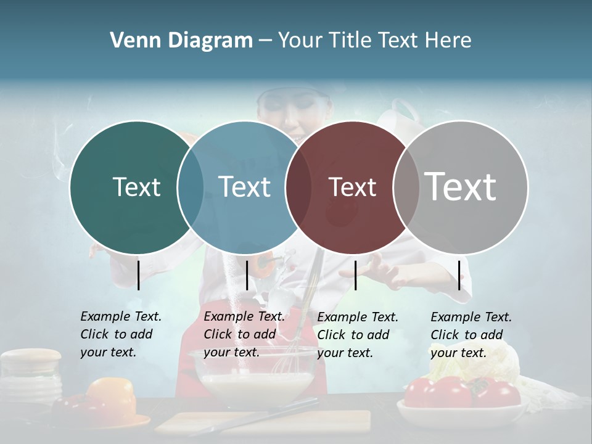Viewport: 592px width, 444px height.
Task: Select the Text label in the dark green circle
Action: coord(136,187)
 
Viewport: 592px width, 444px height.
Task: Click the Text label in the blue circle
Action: coord(244,187)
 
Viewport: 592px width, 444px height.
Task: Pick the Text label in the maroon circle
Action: coord(352,187)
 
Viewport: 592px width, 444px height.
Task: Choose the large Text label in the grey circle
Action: coord(460,186)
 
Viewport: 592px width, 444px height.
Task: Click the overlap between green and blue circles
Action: coord(191,187)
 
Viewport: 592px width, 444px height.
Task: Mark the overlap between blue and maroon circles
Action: coord(298,187)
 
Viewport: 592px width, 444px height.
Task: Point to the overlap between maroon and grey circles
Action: coord(406,187)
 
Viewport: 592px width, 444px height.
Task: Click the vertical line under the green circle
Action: coord(138,275)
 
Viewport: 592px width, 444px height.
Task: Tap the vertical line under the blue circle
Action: coord(247,275)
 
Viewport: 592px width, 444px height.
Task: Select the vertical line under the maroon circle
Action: coord(356,275)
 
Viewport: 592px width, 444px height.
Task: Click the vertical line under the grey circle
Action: coord(459,275)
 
